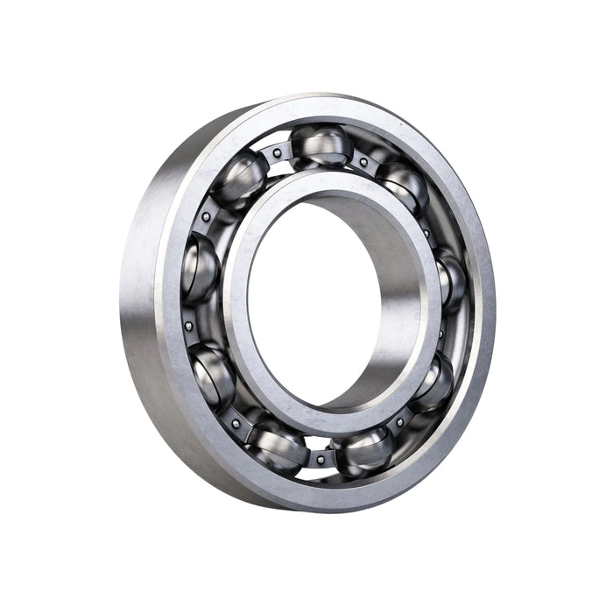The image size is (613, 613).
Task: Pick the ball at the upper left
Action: coord(239,178)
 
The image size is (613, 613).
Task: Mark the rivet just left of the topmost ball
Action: coord(277,154)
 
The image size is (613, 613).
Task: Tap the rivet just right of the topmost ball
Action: coord(363,162)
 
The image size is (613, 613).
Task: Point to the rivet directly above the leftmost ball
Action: coord(206,216)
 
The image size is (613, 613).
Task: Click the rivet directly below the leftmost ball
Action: coord(188,326)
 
